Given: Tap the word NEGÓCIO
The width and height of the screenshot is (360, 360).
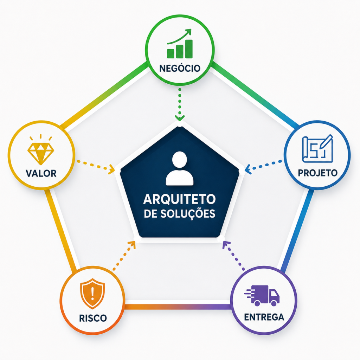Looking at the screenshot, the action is click(180, 68).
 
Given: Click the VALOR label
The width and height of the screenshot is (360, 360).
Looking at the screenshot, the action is click(41, 173).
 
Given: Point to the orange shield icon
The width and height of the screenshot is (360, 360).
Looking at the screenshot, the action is click(92, 294).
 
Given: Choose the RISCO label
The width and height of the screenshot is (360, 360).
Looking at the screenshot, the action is click(93, 318).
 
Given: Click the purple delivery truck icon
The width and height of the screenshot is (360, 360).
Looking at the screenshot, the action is click(262, 295).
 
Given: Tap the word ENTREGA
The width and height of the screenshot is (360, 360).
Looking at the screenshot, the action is click(264, 317).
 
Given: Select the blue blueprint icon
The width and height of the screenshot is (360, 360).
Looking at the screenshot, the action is click(317, 149).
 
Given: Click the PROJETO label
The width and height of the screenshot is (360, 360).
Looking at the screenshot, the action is click(318, 173).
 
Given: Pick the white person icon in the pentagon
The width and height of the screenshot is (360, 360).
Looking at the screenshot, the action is click(180, 168).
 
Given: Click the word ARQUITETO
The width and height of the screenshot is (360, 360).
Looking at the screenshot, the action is click(180, 199).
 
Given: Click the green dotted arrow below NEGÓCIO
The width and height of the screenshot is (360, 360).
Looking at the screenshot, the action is click(180, 104).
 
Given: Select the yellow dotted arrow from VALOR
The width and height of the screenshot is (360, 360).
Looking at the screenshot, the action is click(96, 166).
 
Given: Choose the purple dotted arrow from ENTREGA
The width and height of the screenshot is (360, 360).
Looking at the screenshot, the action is click(234, 256).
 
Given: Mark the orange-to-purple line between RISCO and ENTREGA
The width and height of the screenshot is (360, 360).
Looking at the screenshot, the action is click(177, 307).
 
